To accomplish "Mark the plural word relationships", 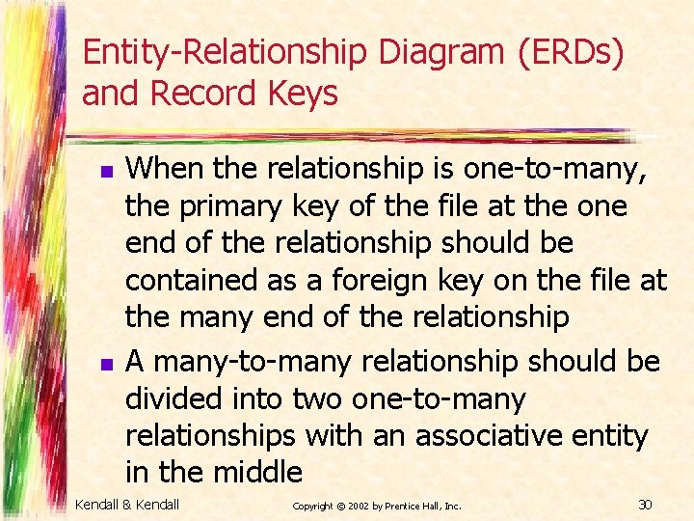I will (210, 436).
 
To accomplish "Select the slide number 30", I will (646, 505).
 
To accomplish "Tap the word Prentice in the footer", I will (415, 506).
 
